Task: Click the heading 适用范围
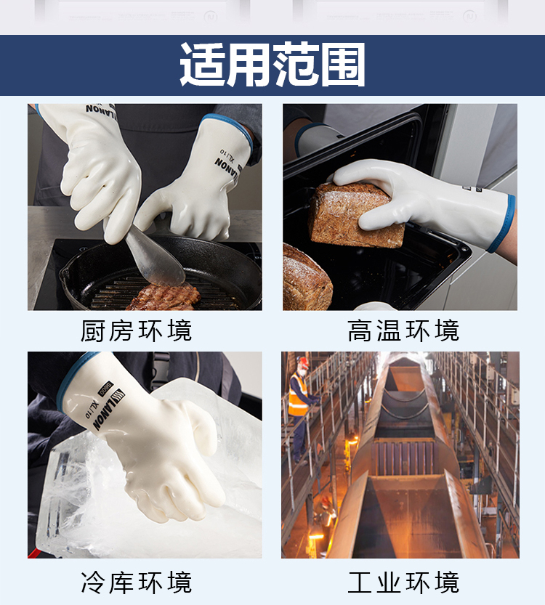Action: click(x=272, y=65)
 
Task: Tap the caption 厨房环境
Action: click(x=137, y=330)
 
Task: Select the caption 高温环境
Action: click(x=403, y=330)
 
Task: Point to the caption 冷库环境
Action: click(x=137, y=582)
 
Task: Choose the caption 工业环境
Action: click(x=403, y=582)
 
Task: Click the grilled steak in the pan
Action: click(x=164, y=298)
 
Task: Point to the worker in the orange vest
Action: click(x=301, y=409)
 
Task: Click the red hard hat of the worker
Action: click(x=303, y=362)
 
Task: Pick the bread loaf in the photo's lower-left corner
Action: click(x=307, y=277)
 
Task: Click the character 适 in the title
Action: click(x=203, y=65)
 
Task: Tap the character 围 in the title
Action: click(x=343, y=65)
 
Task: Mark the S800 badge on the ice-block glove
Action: click(x=105, y=389)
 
